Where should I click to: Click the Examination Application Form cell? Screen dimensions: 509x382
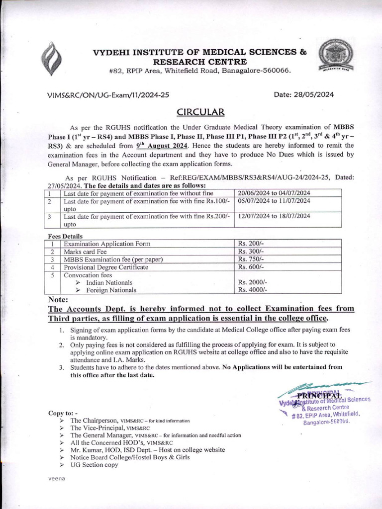107,244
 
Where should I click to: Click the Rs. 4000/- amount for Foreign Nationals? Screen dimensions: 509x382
253,290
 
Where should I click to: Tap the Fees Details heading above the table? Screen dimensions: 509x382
65,236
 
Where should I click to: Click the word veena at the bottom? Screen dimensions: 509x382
57,478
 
